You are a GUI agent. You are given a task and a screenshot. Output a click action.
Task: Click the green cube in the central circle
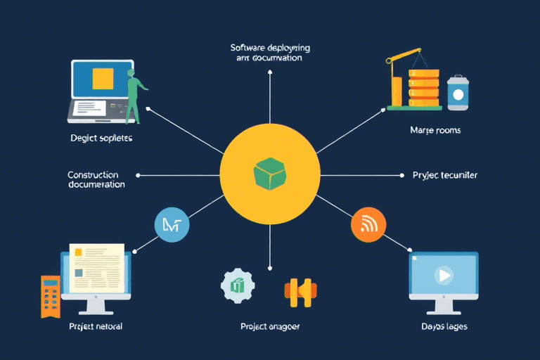[269, 173]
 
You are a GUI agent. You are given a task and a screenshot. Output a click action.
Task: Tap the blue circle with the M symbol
[171, 225]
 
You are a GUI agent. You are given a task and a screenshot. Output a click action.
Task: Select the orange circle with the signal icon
[367, 225]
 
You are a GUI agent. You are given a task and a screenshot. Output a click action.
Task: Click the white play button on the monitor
[444, 274]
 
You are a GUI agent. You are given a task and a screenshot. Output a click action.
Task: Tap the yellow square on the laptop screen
[103, 78]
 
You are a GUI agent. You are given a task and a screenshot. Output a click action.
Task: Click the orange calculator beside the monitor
[50, 295]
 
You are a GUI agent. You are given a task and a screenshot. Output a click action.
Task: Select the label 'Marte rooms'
[435, 131]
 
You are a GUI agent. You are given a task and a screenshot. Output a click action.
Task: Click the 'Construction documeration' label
[96, 179]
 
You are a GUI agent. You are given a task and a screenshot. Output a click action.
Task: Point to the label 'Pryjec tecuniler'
[444, 175]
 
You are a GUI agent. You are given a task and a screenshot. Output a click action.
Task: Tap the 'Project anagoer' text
[270, 327]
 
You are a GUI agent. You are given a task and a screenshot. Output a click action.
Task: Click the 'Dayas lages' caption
[444, 327]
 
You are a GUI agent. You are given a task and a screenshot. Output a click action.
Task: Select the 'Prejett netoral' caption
[96, 327]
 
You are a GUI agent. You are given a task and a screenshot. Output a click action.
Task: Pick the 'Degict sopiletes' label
[101, 138]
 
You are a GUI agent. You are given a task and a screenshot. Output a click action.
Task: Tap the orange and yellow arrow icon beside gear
[300, 291]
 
